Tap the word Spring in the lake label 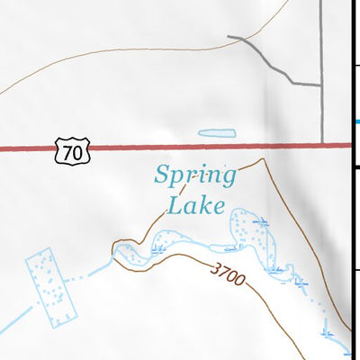point(194,175)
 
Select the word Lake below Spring point(194,205)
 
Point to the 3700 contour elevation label point(229,274)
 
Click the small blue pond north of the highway point(216,133)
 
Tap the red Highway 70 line point(180,146)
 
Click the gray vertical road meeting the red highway point(321,108)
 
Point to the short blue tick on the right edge point(356,121)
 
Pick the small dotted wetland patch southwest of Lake point(167,239)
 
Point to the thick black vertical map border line point(349,180)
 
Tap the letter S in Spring point(163,175)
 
